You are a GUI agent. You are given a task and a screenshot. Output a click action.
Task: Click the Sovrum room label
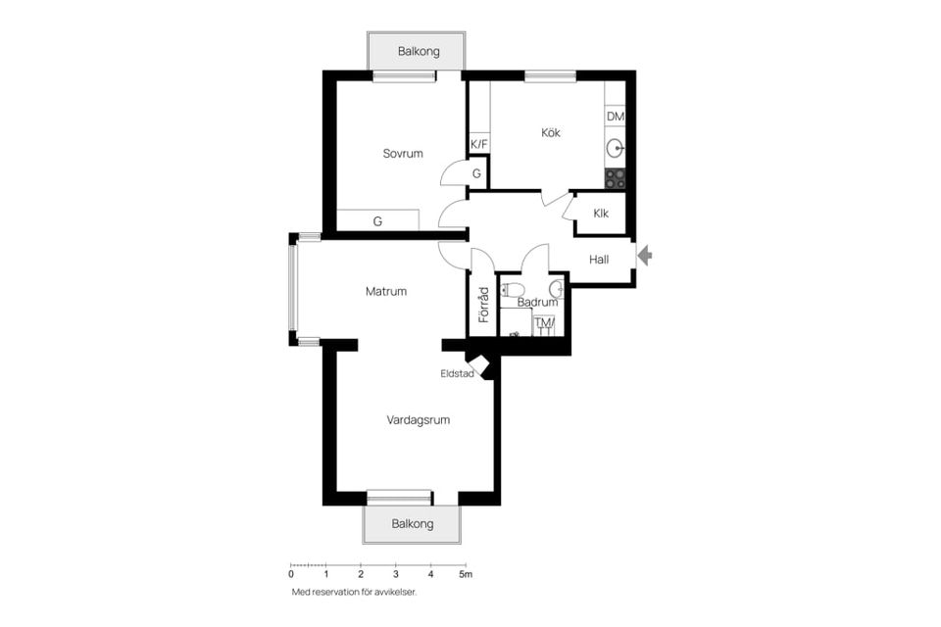tap(403, 154)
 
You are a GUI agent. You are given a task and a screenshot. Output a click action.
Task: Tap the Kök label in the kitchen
tap(550, 132)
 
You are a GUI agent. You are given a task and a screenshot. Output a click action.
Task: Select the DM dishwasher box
tap(616, 117)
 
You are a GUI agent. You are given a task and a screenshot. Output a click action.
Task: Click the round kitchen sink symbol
tap(616, 148)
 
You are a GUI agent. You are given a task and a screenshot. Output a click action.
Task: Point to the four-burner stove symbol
tap(616, 178)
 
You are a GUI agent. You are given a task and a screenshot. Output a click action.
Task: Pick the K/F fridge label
tap(479, 145)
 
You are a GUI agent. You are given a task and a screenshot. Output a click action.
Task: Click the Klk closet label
tap(601, 214)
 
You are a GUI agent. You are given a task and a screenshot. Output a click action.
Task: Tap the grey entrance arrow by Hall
tap(645, 256)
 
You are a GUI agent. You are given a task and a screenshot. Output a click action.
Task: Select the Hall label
tap(598, 260)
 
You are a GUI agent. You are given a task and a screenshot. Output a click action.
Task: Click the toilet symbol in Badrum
tap(511, 290)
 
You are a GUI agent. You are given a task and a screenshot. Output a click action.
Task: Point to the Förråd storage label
tap(483, 305)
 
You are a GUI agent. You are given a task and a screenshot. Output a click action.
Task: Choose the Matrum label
tap(386, 292)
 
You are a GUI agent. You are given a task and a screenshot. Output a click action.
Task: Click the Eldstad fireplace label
tap(457, 374)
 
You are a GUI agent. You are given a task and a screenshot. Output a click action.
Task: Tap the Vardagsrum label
tap(419, 420)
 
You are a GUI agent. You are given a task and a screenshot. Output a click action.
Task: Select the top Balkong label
tap(419, 52)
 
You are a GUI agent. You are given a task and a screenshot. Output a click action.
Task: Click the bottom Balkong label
tap(413, 524)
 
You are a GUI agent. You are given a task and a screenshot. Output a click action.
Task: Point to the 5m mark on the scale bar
tap(466, 574)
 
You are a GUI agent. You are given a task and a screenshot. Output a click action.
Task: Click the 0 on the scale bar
tap(291, 574)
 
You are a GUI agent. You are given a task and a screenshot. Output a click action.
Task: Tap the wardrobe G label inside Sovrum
tap(377, 221)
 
